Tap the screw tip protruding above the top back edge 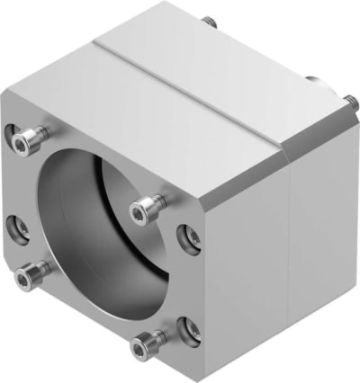209,19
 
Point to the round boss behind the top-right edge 315,79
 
